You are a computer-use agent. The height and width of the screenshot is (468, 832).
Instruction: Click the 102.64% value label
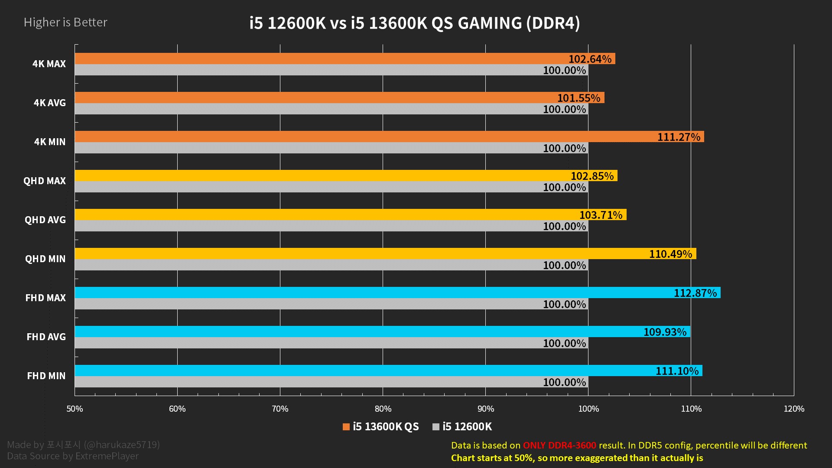click(590, 59)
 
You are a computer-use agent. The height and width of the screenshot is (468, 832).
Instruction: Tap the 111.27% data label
click(679, 137)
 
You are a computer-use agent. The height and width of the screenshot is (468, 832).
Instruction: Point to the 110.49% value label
click(670, 254)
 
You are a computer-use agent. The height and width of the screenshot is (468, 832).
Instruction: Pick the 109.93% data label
click(665, 332)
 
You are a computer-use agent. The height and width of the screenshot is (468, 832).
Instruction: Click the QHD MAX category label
click(45, 181)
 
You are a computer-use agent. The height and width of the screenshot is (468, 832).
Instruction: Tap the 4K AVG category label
click(50, 103)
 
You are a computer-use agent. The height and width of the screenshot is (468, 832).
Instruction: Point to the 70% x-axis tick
click(280, 409)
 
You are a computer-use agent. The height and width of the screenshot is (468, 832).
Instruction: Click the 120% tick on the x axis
click(793, 409)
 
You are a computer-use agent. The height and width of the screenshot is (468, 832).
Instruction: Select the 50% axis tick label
click(75, 409)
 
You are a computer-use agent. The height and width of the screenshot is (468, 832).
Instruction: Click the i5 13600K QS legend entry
click(381, 427)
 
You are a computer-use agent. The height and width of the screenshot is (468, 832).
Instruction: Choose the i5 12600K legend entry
click(462, 427)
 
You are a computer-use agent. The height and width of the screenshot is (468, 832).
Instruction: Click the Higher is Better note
click(65, 22)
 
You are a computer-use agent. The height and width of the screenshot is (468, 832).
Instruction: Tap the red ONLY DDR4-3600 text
click(559, 445)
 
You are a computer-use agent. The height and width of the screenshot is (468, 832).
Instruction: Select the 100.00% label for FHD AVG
click(564, 343)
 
